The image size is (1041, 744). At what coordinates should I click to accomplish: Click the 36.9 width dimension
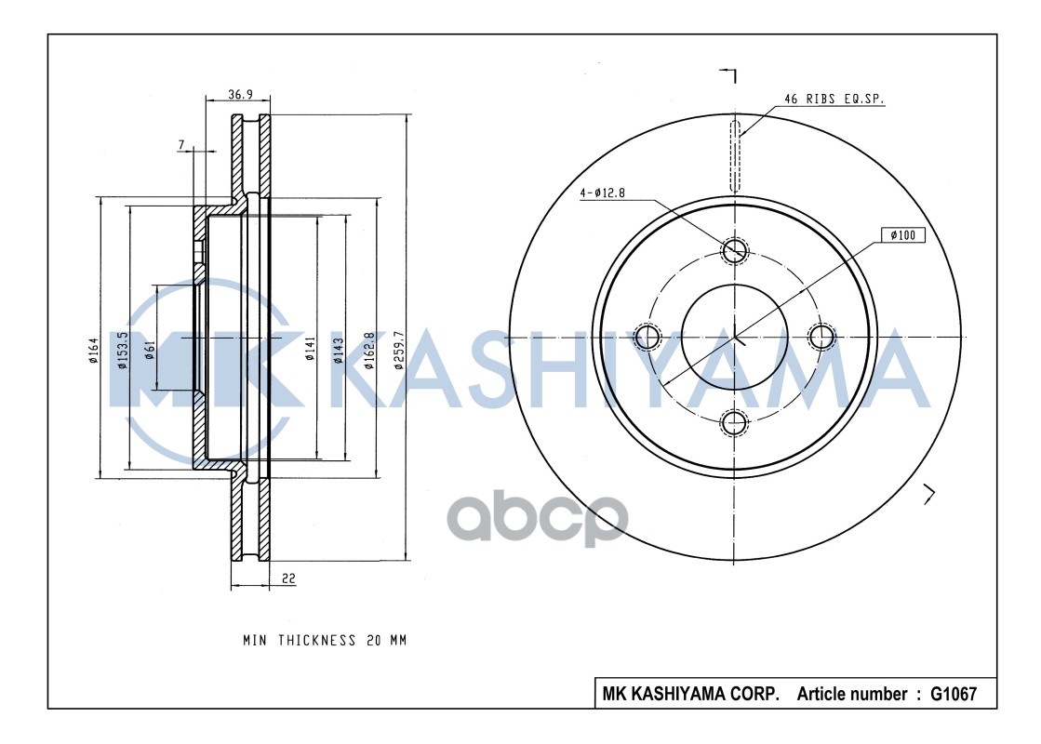[241, 94]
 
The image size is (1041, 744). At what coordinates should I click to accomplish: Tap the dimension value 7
[182, 144]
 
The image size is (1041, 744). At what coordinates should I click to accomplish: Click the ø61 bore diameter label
[150, 351]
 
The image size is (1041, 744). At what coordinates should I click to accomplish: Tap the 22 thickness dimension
[288, 578]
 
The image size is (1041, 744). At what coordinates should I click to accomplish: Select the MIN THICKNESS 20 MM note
[325, 641]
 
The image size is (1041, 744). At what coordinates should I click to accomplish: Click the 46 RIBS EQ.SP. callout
[834, 98]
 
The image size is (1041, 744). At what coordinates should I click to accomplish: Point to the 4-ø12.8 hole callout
[604, 193]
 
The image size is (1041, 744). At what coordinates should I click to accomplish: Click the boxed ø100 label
[902, 235]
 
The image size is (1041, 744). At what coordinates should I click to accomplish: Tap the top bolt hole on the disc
[735, 248]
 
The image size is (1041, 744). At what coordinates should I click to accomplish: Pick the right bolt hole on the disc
[822, 335]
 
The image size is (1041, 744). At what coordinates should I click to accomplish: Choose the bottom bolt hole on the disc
[735, 422]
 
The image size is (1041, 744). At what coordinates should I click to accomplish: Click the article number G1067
[946, 694]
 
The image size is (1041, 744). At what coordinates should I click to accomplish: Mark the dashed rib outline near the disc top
[735, 155]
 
